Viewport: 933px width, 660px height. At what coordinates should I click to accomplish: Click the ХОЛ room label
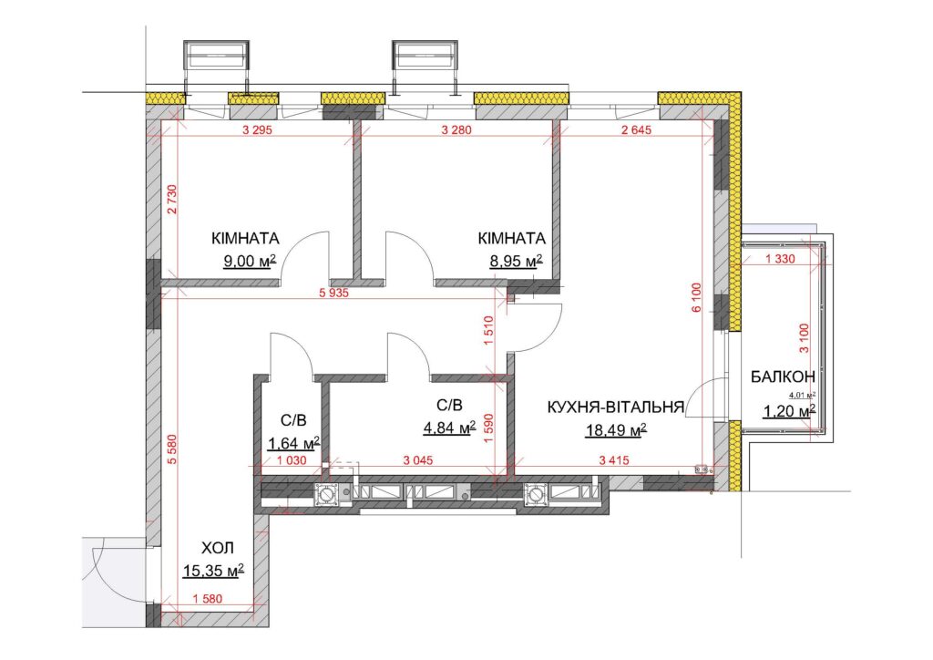pos(217,548)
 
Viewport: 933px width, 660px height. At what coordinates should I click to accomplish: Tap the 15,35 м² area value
pos(213,572)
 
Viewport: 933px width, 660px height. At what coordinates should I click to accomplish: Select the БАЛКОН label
pos(783,376)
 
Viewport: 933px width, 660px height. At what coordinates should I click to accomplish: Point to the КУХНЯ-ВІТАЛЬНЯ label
pos(615,407)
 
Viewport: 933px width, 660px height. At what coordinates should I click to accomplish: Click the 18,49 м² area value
pos(617,429)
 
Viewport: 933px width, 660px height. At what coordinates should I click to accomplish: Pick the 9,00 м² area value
pos(250,261)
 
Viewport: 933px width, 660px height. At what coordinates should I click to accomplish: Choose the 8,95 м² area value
pos(516,261)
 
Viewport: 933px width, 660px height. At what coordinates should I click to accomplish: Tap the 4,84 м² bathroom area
pos(449,428)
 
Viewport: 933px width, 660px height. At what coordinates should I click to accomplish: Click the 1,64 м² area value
pos(294,443)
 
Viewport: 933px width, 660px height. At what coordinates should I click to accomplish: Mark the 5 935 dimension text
pos(333,293)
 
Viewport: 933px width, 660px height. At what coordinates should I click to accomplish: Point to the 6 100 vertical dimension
pos(697,297)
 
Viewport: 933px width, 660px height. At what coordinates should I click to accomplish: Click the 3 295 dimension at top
pos(258,129)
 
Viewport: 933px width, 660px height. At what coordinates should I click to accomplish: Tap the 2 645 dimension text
pos(636,129)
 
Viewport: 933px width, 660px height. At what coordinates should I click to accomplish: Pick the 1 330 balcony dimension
pos(780,259)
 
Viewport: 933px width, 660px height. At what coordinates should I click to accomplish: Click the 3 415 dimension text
pos(614,460)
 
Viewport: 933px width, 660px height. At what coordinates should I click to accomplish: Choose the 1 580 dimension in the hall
pos(208,599)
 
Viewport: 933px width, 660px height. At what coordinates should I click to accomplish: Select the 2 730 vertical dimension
pos(172,200)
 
